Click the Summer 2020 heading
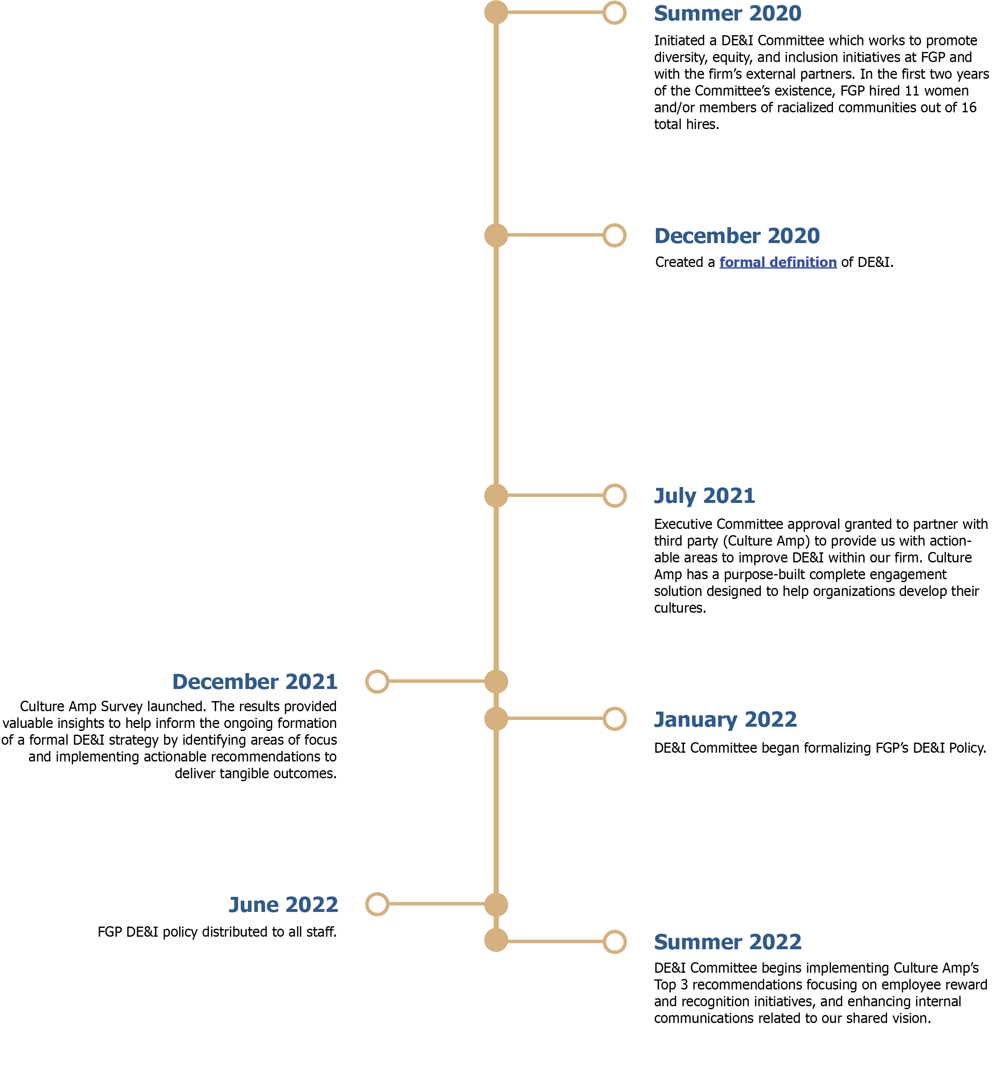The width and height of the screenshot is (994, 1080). coord(727,13)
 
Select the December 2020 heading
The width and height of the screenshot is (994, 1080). coord(736,236)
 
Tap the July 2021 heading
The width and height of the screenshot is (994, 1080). coord(704,496)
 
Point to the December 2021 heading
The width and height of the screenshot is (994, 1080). coord(255,681)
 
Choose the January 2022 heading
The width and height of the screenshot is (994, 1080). coord(725,719)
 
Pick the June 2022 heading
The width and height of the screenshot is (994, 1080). coord(284,905)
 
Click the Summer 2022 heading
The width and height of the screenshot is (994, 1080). coord(727,942)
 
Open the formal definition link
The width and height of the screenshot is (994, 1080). coord(778,262)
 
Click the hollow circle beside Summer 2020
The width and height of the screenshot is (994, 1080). coord(614,13)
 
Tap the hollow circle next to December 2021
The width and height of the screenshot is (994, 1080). coord(377,681)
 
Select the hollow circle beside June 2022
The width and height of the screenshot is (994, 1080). coord(377,904)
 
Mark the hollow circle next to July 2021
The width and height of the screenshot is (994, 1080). coord(614,496)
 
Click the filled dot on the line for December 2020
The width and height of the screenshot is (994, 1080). coord(496,236)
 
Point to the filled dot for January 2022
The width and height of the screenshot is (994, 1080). coord(496,719)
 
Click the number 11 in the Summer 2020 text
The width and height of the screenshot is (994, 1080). coord(912,91)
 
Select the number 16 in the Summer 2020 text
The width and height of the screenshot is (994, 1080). coord(969,108)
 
